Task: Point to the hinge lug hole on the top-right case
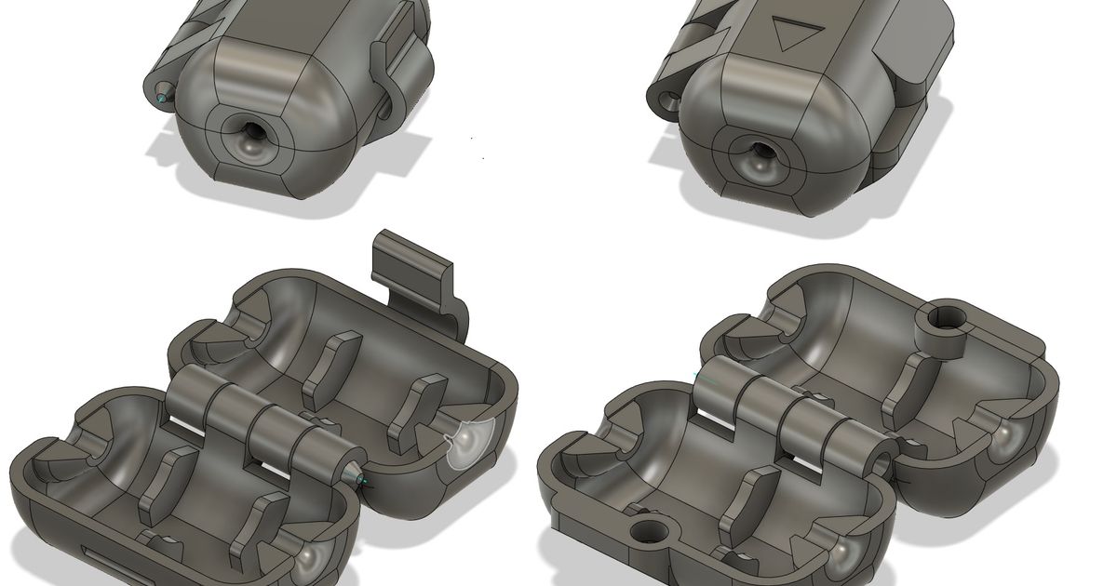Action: pos(667,100)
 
